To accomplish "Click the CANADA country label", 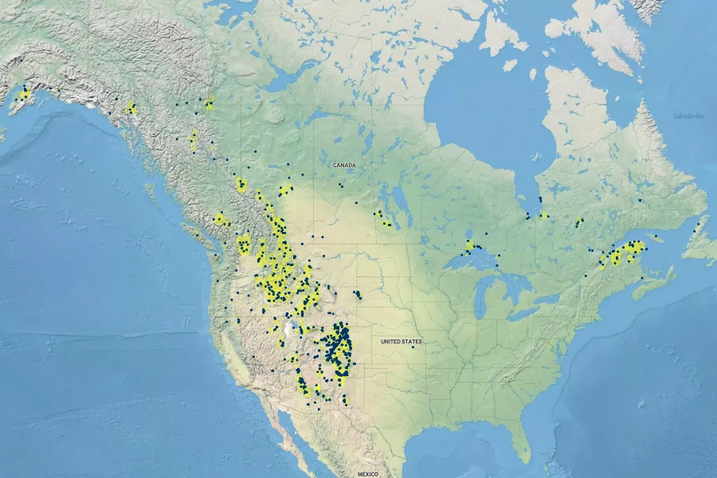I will [344, 165].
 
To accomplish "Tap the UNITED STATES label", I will [401, 342].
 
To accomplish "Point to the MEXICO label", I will [367, 474].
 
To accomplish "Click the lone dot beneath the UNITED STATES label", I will [413, 347].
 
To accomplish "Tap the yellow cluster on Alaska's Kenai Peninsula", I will [25, 95].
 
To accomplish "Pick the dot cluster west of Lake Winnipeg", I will [382, 217].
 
